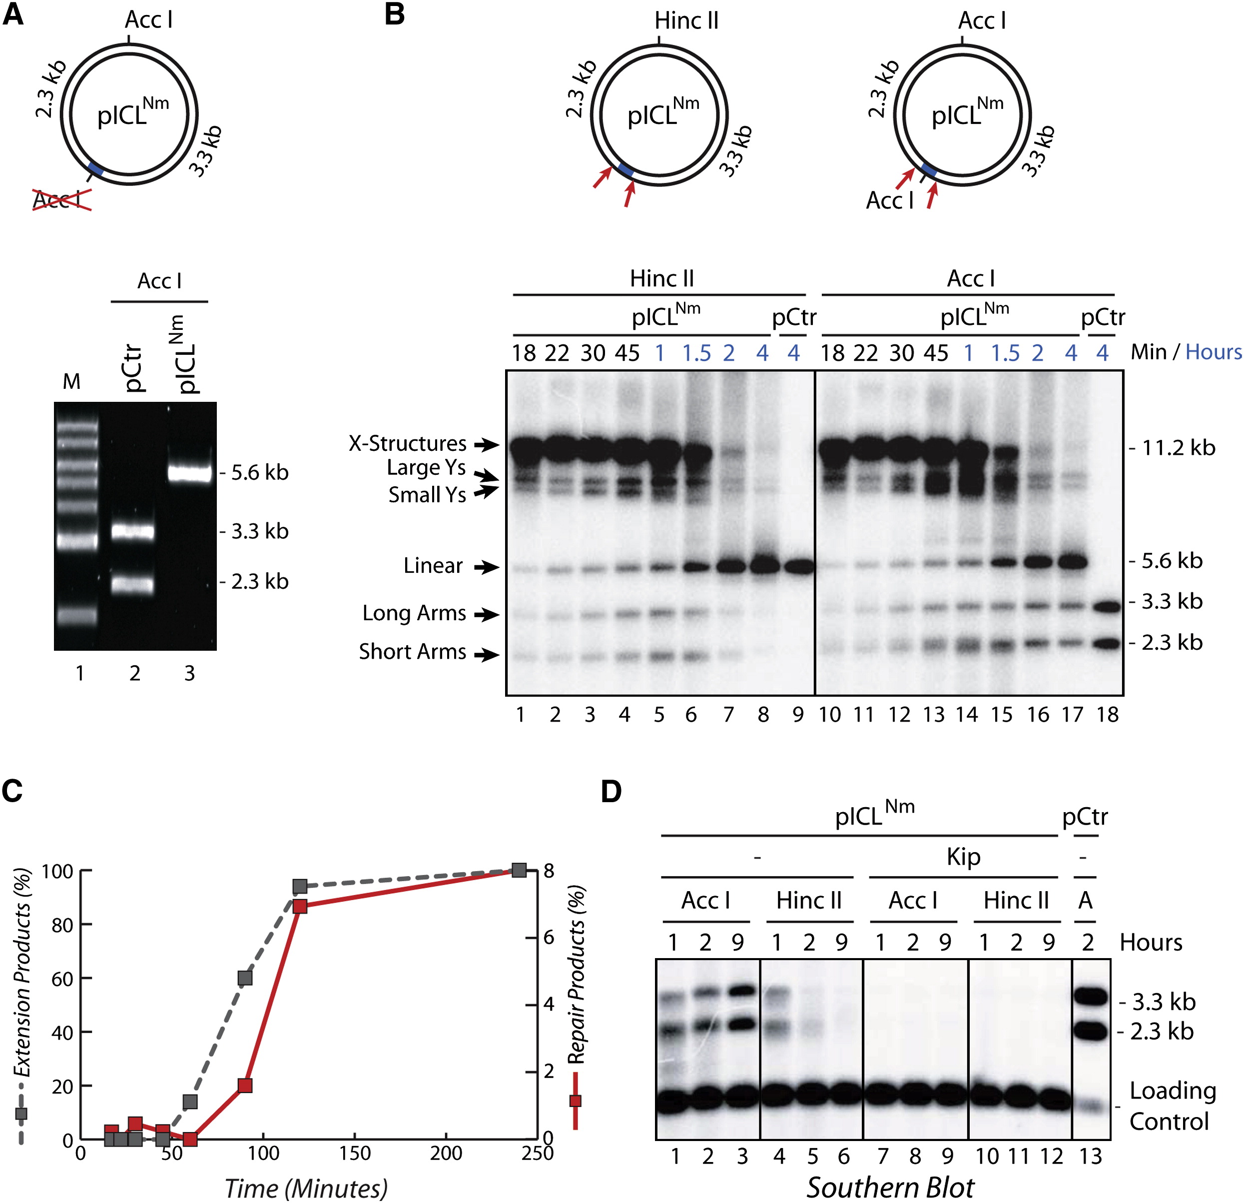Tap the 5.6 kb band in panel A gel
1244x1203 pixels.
(189, 473)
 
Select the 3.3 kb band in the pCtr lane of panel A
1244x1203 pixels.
(133, 531)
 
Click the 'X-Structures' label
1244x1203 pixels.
(408, 443)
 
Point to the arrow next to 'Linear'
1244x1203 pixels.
(487, 567)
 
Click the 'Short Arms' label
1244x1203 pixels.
(413, 652)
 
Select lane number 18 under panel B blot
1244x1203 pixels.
(1107, 715)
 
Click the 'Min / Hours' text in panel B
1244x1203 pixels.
(1186, 352)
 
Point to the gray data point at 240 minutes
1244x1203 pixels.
(519, 870)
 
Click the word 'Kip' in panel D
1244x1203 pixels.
(963, 857)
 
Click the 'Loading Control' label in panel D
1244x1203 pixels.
(1172, 1105)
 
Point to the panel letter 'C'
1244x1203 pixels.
(12, 791)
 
